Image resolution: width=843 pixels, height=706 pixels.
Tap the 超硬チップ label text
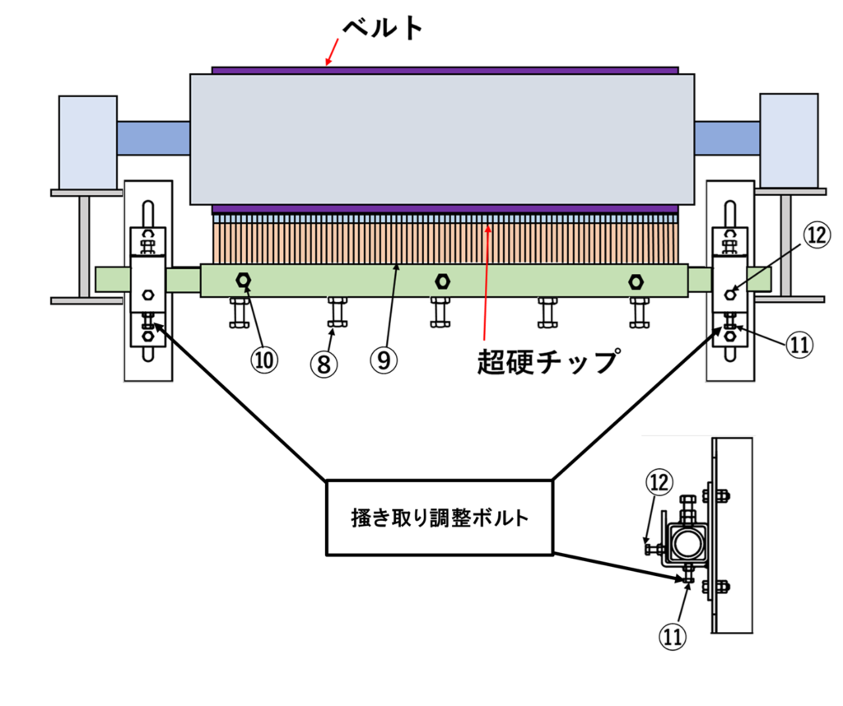click(546, 361)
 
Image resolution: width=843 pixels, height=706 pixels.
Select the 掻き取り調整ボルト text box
click(440, 518)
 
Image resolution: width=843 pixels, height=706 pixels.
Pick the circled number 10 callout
click(266, 359)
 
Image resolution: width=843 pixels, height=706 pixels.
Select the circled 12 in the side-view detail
click(659, 483)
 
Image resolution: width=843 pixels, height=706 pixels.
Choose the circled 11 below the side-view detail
click(673, 635)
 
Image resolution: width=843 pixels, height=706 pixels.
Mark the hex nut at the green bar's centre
click(442, 281)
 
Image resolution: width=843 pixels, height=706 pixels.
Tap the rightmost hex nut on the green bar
click(636, 281)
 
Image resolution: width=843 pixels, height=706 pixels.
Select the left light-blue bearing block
click(87, 142)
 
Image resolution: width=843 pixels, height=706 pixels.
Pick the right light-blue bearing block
click(789, 141)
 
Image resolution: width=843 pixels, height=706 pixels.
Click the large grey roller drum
click(441, 138)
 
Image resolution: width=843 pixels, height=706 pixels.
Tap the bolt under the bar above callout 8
click(337, 311)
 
